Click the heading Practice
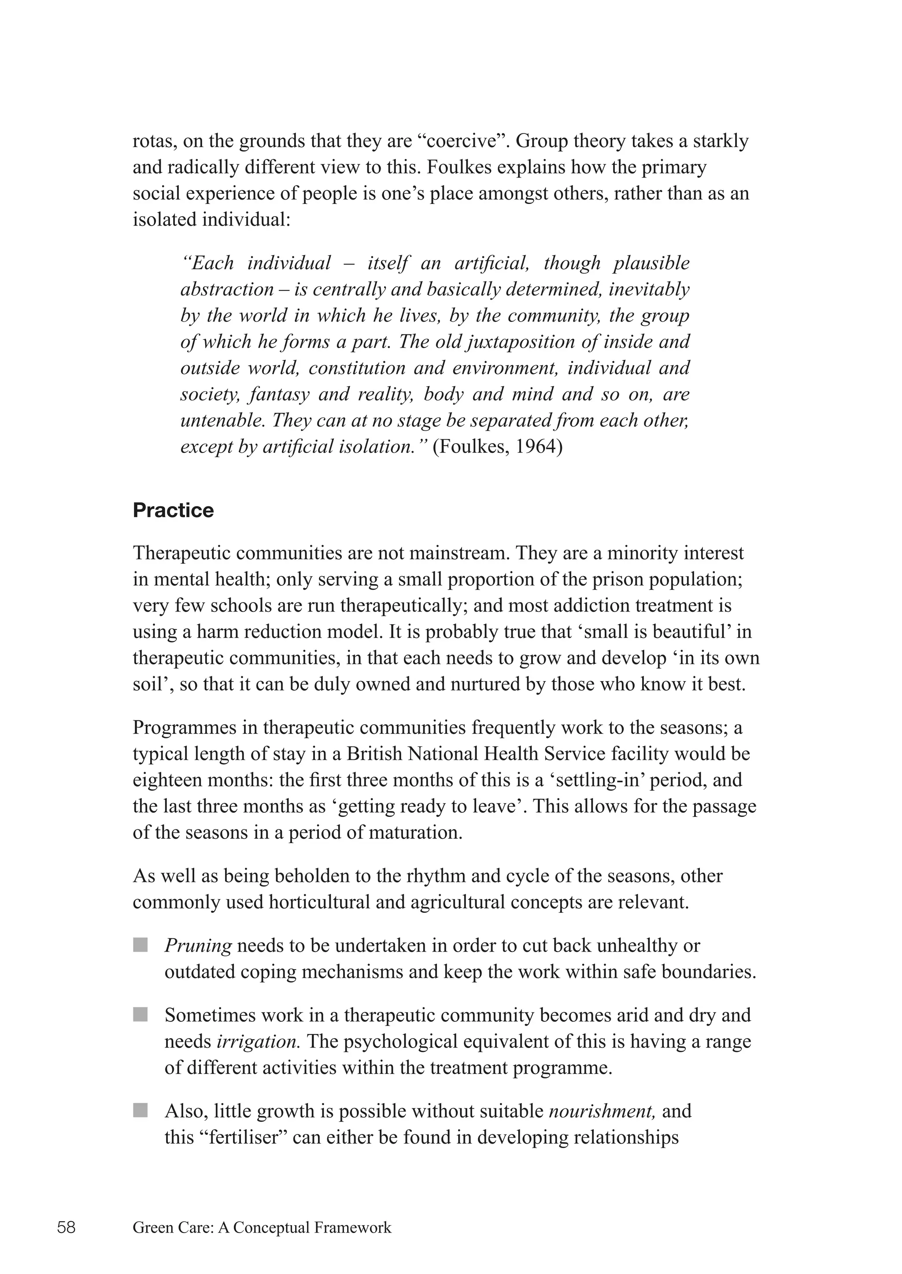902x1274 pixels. [173, 510]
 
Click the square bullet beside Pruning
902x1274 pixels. [140, 944]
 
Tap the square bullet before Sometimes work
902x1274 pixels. [140, 1015]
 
